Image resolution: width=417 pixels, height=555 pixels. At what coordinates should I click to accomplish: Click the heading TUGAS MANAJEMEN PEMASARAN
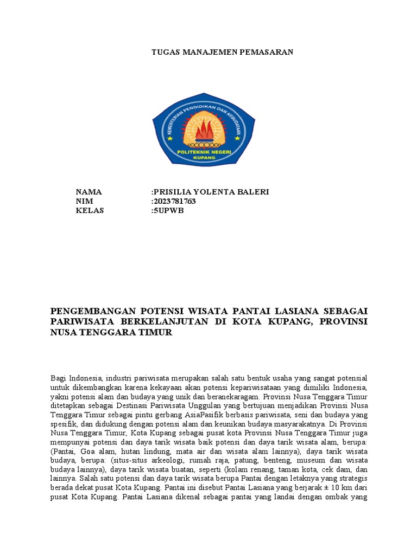point(222,52)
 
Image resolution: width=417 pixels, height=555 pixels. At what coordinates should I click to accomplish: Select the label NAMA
point(89,192)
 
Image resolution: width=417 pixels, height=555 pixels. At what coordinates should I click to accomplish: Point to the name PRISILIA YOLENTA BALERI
point(211,192)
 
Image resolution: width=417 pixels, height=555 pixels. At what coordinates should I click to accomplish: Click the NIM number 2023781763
point(174,202)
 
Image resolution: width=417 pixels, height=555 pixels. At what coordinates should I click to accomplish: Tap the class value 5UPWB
point(168,211)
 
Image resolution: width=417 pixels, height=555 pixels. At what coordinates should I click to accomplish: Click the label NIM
point(85,202)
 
